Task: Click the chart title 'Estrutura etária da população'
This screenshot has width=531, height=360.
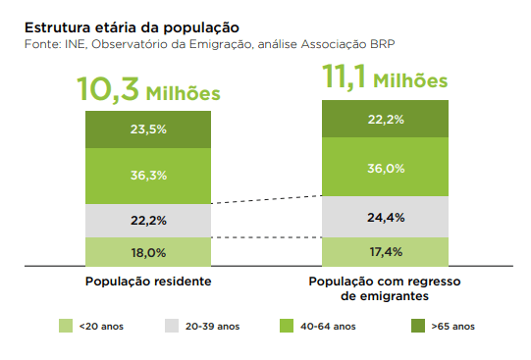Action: (x=132, y=28)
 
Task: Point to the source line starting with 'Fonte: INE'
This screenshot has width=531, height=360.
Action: (x=210, y=44)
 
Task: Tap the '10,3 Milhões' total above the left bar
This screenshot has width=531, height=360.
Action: (x=148, y=89)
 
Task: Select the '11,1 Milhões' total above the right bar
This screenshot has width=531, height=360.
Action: (x=385, y=77)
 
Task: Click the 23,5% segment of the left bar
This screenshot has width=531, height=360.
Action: (x=148, y=129)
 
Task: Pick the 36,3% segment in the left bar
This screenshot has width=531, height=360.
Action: (x=148, y=176)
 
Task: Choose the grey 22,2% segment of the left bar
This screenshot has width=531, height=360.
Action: (x=148, y=221)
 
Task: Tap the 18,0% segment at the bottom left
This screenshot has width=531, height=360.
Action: (x=148, y=252)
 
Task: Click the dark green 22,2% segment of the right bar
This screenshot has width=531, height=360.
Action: (x=385, y=119)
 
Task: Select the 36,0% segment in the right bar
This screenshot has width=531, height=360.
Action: (x=385, y=167)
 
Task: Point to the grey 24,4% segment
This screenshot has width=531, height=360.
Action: (x=385, y=217)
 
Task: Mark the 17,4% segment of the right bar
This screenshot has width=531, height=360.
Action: (x=385, y=252)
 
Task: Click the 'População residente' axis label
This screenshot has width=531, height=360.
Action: (x=148, y=282)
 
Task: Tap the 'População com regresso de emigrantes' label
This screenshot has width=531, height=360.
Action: (x=385, y=288)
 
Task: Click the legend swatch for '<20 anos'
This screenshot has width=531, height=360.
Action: (x=66, y=326)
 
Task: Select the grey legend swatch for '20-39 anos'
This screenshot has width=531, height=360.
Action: (x=172, y=326)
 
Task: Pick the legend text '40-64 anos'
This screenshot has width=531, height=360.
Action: (x=328, y=327)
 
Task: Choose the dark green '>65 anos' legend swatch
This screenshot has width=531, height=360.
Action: (x=418, y=326)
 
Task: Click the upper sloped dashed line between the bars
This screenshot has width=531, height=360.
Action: (x=267, y=200)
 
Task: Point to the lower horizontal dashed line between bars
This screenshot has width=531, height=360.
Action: (x=267, y=237)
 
